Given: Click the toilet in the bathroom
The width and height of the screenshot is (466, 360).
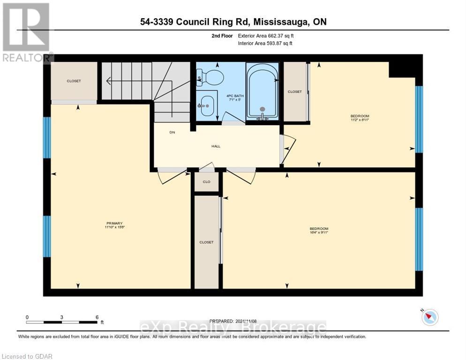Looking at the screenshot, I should click(210, 76).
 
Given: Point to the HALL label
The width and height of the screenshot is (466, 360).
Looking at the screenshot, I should click(216, 146).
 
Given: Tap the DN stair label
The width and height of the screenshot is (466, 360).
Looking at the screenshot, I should click(172, 133).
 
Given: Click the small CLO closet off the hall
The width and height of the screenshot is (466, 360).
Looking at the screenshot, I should click(206, 182).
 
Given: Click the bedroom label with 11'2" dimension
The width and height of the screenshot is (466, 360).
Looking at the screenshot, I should click(360, 118).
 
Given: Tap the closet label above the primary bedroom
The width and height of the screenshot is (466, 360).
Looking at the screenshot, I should click(74, 81).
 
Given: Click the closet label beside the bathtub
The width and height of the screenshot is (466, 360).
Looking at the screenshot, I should click(295, 92).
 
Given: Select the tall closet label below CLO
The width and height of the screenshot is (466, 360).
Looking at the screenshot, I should click(206, 242).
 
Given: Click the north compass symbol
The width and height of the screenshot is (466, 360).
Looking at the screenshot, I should click(429, 317).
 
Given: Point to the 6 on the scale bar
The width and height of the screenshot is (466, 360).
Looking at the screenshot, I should click(97, 317).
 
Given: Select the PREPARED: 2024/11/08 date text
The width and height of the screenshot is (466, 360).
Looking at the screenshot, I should click(233, 321).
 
